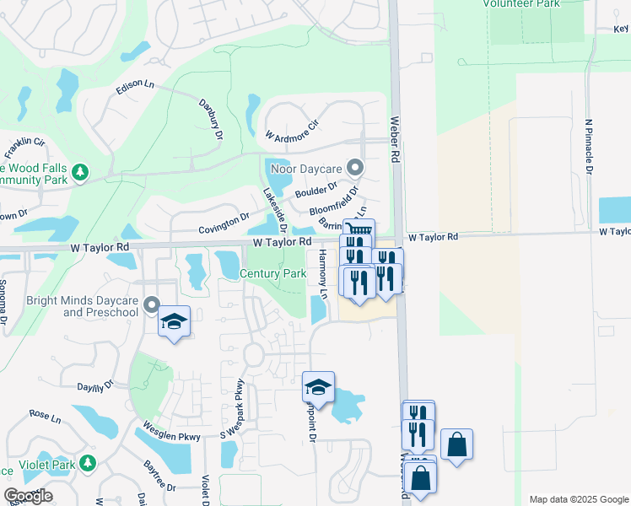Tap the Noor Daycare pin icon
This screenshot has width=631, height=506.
click(355, 167)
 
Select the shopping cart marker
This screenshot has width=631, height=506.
click(359, 230)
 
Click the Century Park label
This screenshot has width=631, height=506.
click(272, 273)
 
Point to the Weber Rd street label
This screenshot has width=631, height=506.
click(393, 139)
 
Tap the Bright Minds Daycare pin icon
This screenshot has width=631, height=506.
click(152, 304)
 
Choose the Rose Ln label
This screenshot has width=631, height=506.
click(45, 417)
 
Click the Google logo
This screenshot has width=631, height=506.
click(28, 496)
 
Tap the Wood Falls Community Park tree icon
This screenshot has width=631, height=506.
click(80, 173)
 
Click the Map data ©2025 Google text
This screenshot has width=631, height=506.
click(578, 499)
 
